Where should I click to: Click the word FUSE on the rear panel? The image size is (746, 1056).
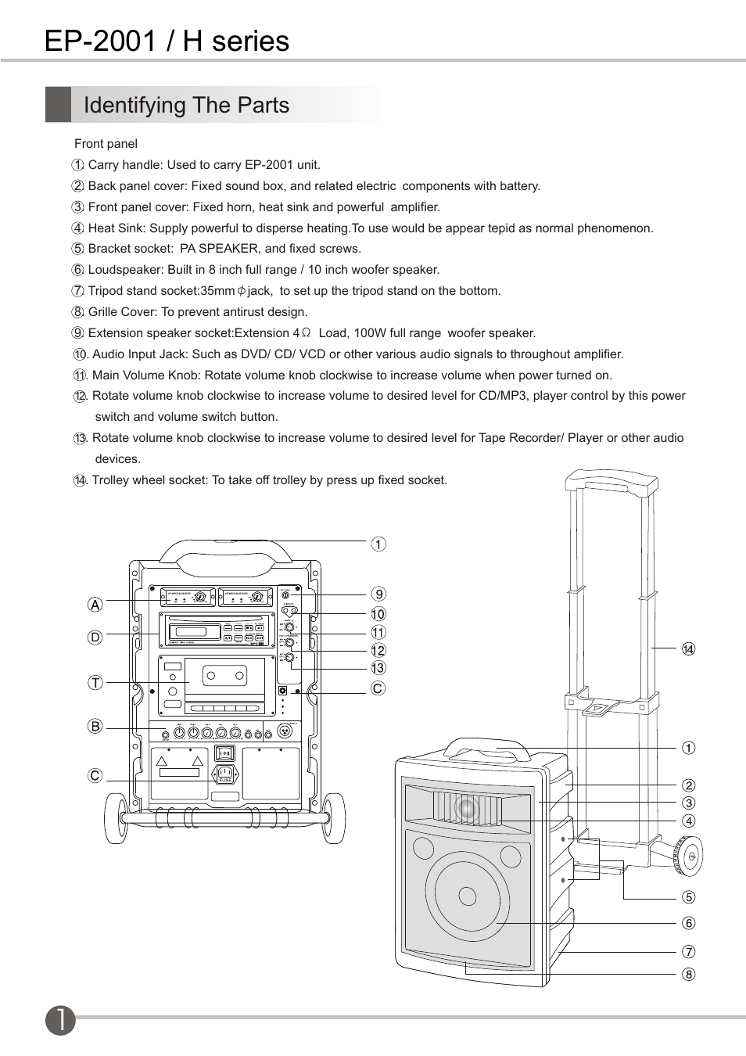tap(225, 780)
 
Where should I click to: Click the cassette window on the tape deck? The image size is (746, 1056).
tap(224, 674)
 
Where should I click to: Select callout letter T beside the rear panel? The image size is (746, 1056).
tap(95, 683)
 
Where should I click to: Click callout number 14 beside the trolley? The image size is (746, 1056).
tap(688, 649)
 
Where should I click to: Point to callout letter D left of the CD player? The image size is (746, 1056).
tap(95, 638)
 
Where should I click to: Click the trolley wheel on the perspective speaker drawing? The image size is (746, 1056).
tap(687, 857)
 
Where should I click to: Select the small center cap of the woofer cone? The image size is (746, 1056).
tap(467, 896)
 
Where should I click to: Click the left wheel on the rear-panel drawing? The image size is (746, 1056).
tap(115, 818)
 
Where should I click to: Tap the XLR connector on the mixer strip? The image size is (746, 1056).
tap(285, 733)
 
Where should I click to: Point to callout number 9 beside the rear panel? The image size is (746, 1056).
tap(378, 594)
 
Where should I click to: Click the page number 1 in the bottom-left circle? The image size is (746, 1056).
tap(60, 1020)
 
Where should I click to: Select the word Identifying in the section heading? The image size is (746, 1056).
tap(133, 106)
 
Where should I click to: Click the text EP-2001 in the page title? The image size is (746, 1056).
tap(101, 41)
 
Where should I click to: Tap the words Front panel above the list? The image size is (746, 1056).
tap(106, 144)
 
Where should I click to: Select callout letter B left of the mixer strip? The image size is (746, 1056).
tap(95, 727)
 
